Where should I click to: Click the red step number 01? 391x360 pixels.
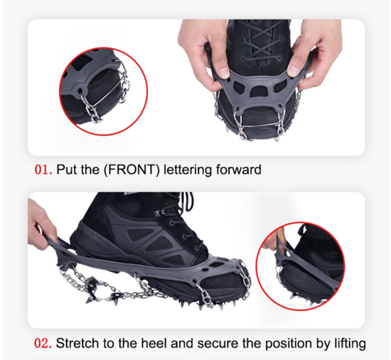(43, 170)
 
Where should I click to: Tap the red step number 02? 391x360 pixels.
(43, 343)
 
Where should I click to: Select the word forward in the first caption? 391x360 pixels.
(239, 170)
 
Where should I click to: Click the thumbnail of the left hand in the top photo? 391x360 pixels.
(224, 72)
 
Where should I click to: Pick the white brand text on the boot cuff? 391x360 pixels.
(131, 193)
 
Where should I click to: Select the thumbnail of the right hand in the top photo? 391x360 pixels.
(295, 67)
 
